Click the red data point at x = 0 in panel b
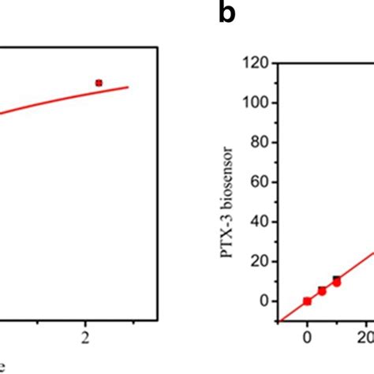pos(307,301)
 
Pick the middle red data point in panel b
pos(322,291)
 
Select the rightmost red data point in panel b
pos(337,281)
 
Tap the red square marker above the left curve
pos(99,82)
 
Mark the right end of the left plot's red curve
pos(129,87)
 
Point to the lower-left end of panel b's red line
pos(280,320)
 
